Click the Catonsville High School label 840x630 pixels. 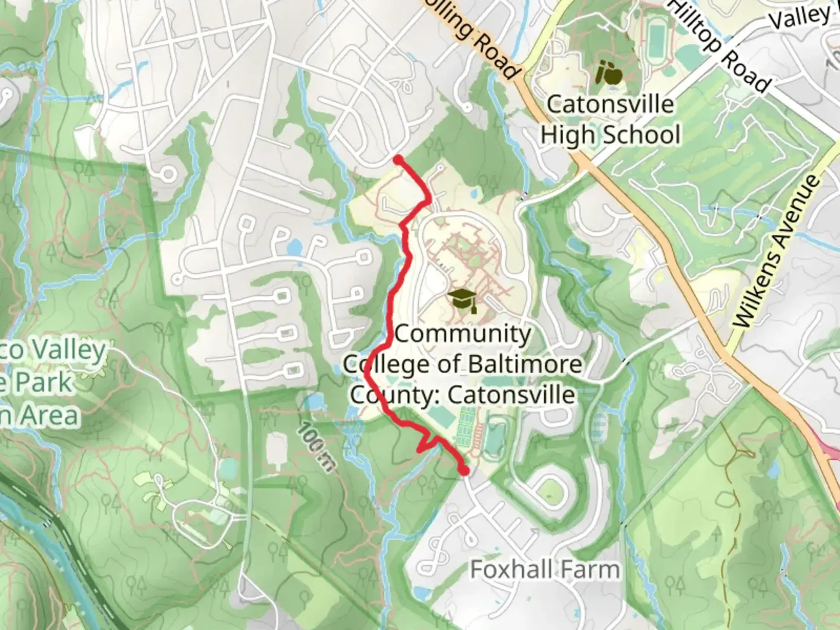pos(610,120)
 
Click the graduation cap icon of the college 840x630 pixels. pos(464,300)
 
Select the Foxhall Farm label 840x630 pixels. pos(545,569)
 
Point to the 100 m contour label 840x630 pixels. pos(316,447)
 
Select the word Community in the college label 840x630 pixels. pos(463,334)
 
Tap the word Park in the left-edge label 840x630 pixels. pos(43,383)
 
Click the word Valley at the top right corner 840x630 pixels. pos(799,16)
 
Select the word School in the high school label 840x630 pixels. pos(646,135)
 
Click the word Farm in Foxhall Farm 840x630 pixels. pos(590,569)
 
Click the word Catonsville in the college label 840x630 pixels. pos(512,395)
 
